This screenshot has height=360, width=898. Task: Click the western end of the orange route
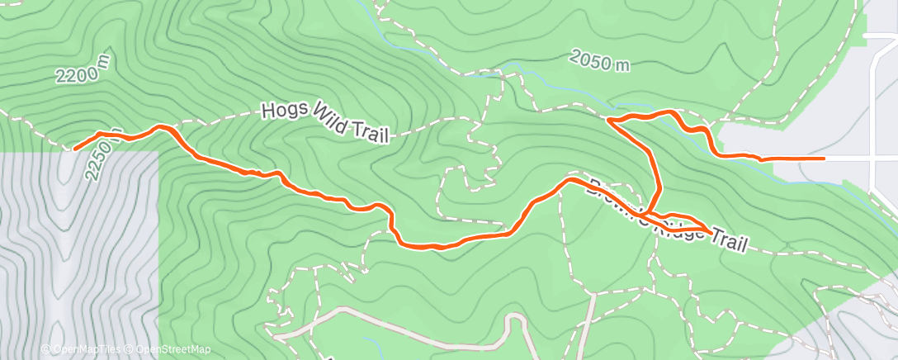tap(75, 149)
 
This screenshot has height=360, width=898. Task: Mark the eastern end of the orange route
tap(824, 158)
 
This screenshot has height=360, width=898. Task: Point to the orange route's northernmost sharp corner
tap(609, 121)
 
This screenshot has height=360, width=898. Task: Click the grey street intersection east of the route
tap(873, 157)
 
